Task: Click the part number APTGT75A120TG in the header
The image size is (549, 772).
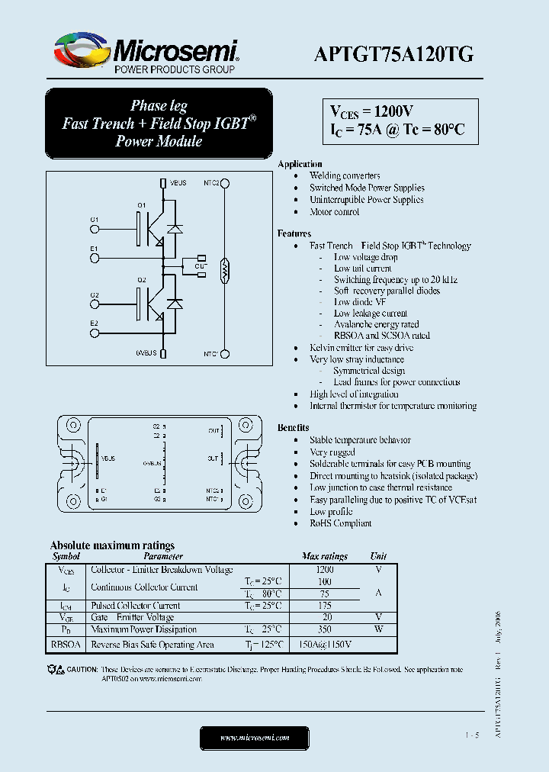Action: pos(394,53)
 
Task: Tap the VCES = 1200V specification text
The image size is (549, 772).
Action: pos(372,111)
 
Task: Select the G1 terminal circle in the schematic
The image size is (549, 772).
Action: pos(95,228)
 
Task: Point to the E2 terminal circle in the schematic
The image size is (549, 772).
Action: pos(95,332)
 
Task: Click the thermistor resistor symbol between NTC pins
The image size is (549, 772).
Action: pos(224,268)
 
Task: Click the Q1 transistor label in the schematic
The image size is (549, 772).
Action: pos(142,205)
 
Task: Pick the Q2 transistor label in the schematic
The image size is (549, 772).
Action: pos(142,280)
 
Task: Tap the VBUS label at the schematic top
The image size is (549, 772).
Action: pos(178,183)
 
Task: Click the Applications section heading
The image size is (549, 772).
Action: pos(300,164)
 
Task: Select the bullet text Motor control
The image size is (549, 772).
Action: pos(334,212)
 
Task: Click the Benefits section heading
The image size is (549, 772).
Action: pos(294,428)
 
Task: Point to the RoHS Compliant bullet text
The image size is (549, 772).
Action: pos(340,523)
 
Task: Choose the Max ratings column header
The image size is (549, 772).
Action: pos(325,556)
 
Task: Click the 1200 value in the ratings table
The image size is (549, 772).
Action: pos(325,569)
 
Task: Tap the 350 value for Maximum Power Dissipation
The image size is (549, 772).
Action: pos(325,629)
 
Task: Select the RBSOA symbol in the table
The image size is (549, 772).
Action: pos(66,645)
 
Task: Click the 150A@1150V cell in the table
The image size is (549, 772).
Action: pos(325,645)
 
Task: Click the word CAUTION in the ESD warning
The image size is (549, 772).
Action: pos(82,670)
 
